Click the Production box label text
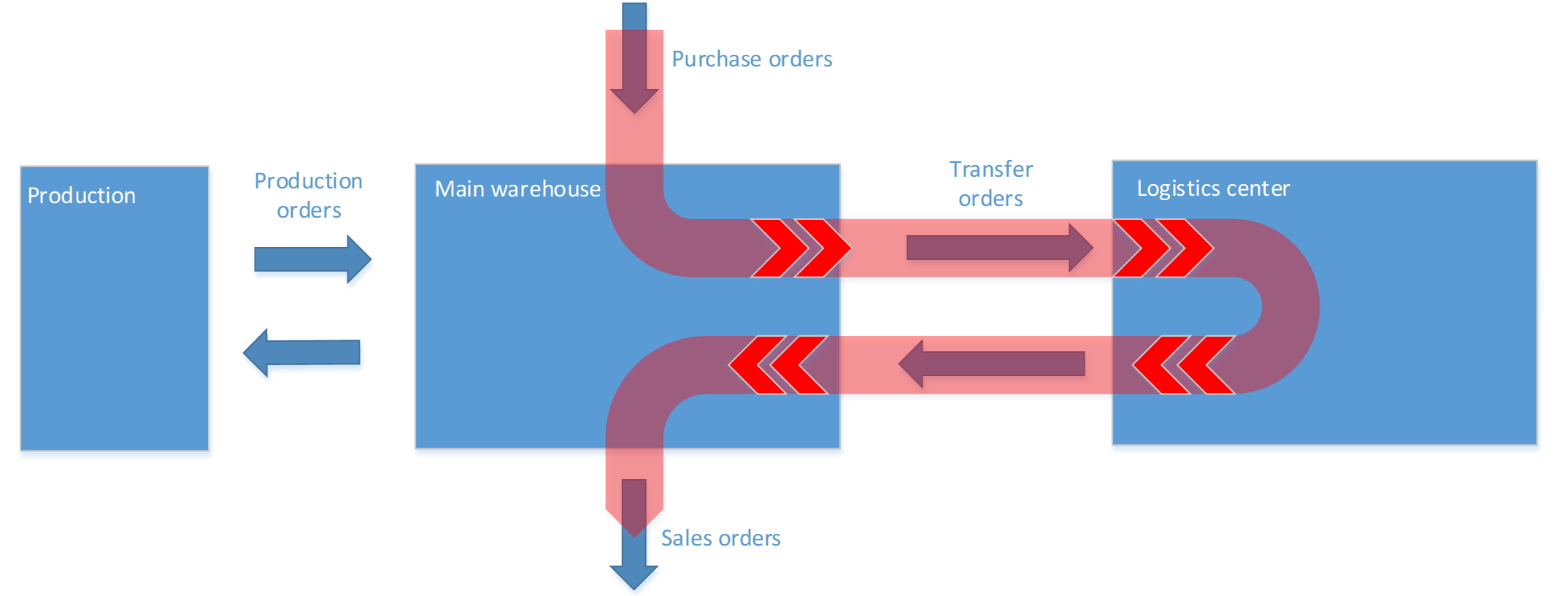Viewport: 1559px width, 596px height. click(81, 196)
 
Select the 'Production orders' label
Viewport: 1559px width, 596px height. click(308, 195)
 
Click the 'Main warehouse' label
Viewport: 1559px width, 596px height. click(517, 189)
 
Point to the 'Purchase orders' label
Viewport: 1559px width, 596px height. click(752, 59)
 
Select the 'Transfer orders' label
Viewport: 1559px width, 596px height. click(990, 183)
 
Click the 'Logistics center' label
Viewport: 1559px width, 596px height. click(1213, 188)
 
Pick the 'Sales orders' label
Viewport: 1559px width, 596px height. click(720, 538)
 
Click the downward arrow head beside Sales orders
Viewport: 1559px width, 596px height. click(634, 574)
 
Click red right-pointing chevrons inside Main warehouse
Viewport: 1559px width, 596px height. click(801, 248)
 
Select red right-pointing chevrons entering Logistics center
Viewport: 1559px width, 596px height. click(1163, 248)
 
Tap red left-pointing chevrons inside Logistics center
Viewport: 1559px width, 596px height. click(1183, 364)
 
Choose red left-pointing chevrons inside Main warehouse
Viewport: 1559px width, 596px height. click(779, 364)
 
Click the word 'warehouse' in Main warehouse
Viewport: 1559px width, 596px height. click(546, 189)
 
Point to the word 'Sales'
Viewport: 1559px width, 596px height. click(686, 538)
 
